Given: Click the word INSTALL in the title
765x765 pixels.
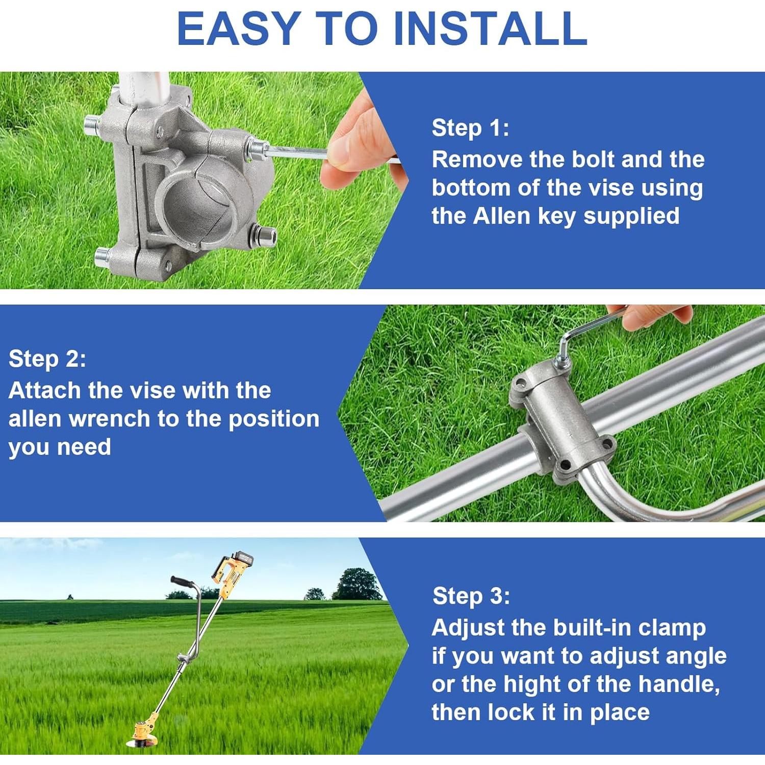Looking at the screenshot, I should (x=490, y=29).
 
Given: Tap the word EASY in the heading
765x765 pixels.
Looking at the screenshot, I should (x=238, y=29).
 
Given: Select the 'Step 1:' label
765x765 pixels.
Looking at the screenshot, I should (x=470, y=128).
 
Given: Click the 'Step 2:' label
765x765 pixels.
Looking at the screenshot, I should (x=47, y=359).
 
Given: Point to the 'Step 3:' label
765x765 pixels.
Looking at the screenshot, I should (x=471, y=596).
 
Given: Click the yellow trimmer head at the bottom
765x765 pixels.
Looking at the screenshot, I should (x=145, y=727).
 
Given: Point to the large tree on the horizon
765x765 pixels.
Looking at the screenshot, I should (x=357, y=584).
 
